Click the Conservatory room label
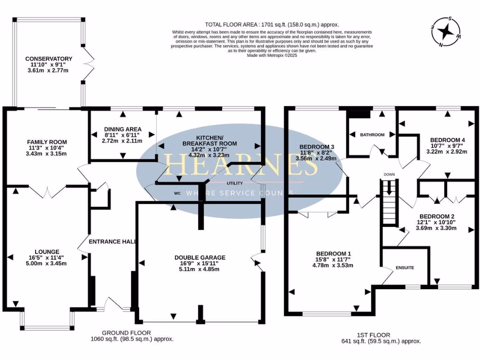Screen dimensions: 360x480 click(49, 59)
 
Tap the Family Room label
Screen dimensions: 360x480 click(47, 142)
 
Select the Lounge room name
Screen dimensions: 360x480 click(47, 251)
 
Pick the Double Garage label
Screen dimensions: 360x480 click(200, 257)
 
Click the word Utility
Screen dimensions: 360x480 click(234, 183)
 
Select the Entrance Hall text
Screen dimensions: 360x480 click(112, 242)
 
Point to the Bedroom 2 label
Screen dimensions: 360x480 click(435, 217)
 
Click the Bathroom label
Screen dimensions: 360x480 click(372, 135)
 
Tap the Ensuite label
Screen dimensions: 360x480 click(405, 268)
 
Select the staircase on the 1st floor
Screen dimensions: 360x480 click(389, 204)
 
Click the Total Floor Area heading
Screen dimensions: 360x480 click(272, 24)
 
